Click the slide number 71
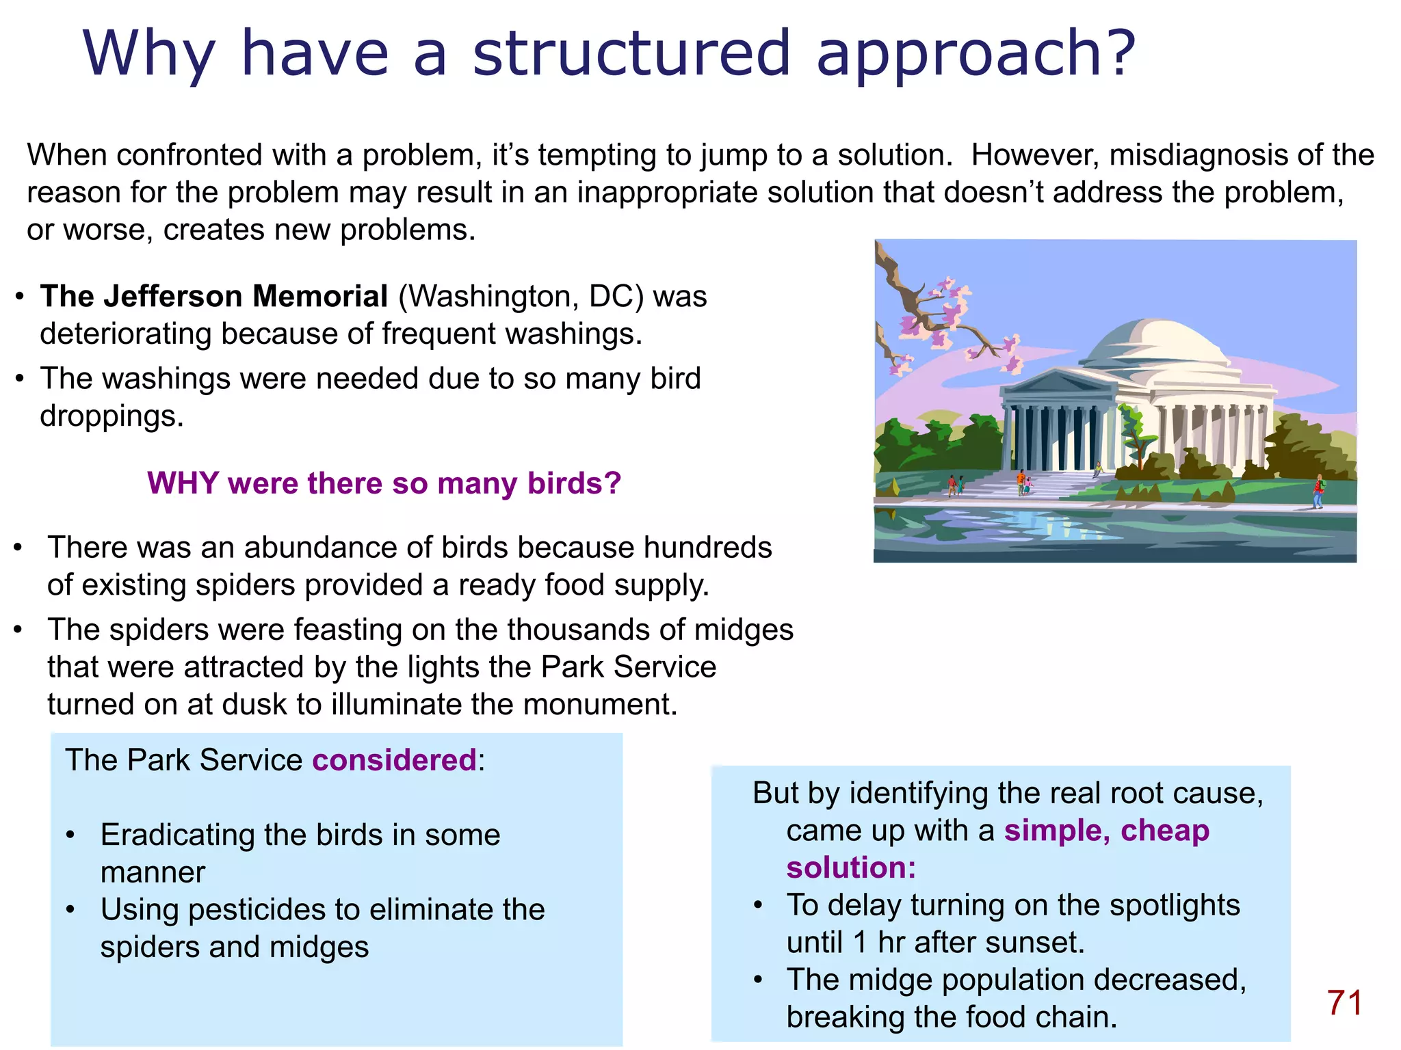point(1344,1003)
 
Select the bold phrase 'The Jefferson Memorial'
point(214,297)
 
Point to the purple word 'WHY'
point(183,483)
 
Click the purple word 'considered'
point(394,760)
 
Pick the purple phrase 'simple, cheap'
point(1106,831)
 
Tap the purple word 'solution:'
point(850,867)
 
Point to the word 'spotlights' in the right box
point(1174,905)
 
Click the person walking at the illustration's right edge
point(1318,491)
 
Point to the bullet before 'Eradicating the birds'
point(70,835)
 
